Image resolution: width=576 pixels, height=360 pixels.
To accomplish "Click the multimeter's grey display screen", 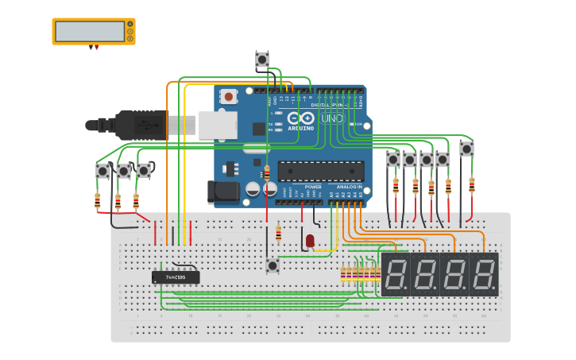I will click(89, 31).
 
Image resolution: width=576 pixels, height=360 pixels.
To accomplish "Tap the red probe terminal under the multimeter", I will click(97, 48).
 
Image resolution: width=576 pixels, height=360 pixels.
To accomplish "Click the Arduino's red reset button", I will click(229, 97).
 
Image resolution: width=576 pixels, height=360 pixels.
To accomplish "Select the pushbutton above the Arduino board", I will click(262, 60).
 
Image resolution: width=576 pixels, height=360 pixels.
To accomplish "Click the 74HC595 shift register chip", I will click(176, 277).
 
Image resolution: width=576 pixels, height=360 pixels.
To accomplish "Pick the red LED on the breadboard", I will click(310, 239).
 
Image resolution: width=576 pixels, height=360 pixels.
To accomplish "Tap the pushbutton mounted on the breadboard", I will click(273, 265).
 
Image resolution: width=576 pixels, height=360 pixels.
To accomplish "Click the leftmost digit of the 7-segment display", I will click(396, 275).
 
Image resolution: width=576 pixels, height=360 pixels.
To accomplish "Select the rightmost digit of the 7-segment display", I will click(483, 275).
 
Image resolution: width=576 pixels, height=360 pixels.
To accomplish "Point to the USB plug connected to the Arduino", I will click(143, 125).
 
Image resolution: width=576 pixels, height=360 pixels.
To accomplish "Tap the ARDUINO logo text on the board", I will click(301, 127).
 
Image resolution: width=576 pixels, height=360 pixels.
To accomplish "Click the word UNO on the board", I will click(332, 118).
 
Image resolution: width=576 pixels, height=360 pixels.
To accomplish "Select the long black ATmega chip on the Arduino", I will click(321, 171).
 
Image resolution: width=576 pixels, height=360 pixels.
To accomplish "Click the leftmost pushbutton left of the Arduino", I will click(102, 171).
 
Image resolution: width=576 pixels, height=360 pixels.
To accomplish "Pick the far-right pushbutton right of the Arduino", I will click(466, 149).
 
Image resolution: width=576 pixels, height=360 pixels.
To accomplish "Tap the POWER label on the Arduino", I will click(313, 187).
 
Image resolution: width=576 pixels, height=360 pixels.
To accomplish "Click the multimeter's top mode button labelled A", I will click(130, 24).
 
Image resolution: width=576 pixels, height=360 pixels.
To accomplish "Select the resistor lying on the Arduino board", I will click(266, 172).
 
